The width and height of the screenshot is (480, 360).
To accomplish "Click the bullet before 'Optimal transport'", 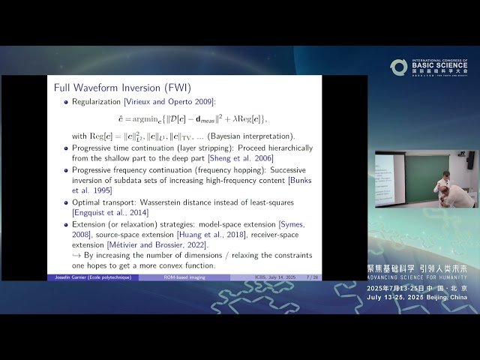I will [x=65, y=202].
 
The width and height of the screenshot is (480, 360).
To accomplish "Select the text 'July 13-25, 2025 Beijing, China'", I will [x=417, y=297].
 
